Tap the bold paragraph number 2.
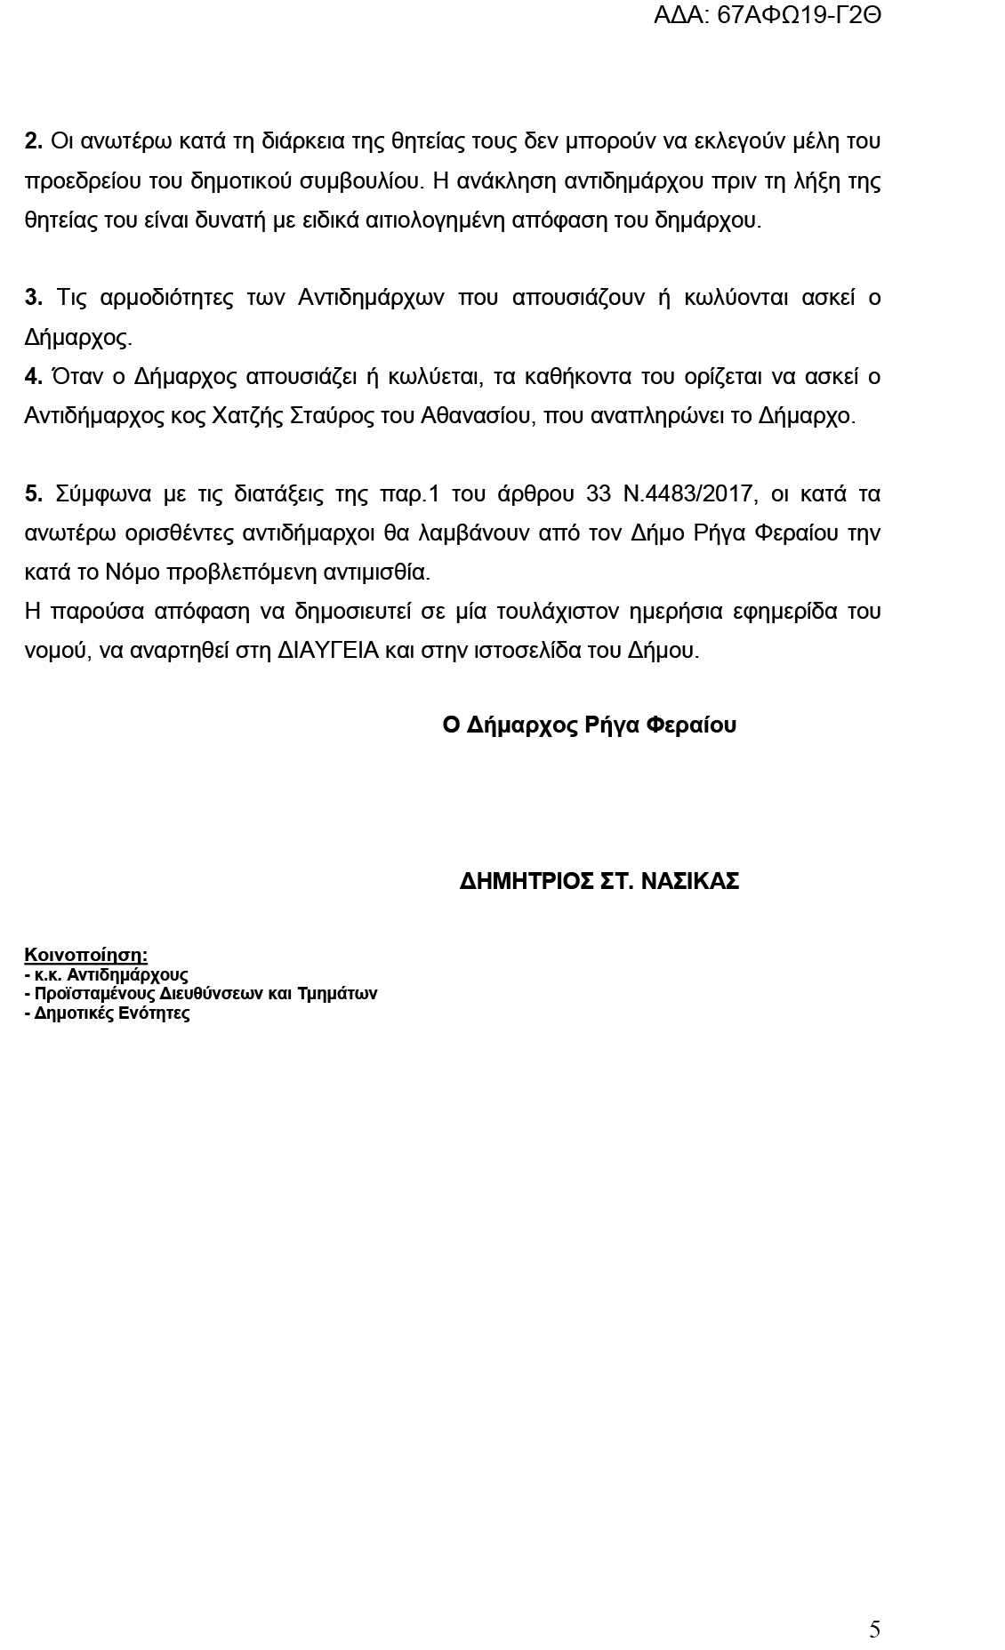click(33, 141)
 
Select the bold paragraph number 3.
click(33, 298)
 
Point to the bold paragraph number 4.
click(33, 377)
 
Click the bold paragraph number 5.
click(33, 493)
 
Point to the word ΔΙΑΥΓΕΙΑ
click(329, 651)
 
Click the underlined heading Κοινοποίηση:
click(85, 955)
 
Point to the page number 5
click(874, 1629)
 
